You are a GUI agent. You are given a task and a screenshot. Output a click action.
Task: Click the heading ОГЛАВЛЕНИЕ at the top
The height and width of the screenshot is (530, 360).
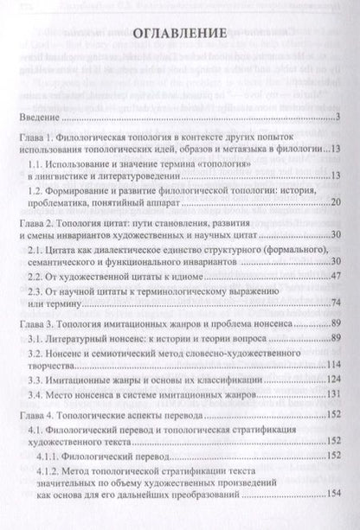pos(180,35)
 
